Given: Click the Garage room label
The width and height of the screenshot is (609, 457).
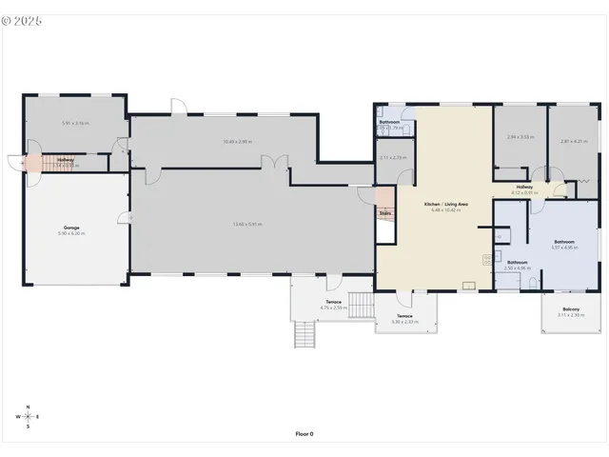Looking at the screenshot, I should pos(71,228).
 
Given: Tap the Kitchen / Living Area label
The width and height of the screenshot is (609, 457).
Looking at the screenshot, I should pos(445,205).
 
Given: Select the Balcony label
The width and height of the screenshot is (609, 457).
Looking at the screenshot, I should pos(571,309).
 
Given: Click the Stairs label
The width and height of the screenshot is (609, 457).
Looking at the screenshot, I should pos(385,213).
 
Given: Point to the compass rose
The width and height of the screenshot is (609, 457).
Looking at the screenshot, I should pos(29,417).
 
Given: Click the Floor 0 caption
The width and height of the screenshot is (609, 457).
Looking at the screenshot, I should pos(304,433).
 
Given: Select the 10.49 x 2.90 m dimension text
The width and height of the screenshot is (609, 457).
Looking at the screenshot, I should pos(237,142).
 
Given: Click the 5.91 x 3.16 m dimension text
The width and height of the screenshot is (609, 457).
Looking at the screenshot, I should pos(75,123).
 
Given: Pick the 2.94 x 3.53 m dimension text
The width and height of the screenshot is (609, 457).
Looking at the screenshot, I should pos(519,137).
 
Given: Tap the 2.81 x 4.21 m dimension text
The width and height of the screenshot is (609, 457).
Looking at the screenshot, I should pos(571,141).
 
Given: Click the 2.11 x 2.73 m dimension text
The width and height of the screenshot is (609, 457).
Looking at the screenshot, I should pos(392,157).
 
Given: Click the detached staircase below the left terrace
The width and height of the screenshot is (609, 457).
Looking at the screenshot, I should pos(304,335).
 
